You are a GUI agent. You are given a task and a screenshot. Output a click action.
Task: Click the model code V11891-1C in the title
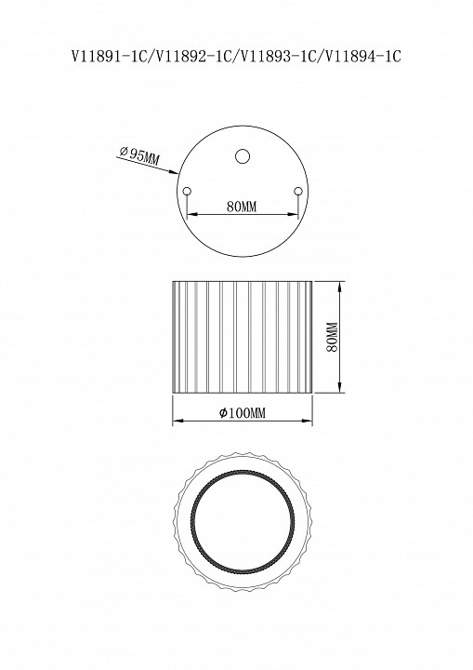coord(109,57)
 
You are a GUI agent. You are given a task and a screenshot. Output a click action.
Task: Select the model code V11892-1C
coord(193,57)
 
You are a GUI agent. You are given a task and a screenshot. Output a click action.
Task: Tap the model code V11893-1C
coord(278,57)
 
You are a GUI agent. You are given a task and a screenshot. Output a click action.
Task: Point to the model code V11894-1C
coord(362,57)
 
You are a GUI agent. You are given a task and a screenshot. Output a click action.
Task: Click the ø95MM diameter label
coord(139,155)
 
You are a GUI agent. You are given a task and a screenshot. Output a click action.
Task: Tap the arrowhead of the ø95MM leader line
coord(174,173)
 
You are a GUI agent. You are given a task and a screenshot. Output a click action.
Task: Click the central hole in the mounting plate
coord(243,156)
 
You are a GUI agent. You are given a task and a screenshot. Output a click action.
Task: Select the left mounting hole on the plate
coord(187,191)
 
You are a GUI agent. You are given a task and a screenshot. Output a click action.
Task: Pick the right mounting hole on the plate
coord(298,191)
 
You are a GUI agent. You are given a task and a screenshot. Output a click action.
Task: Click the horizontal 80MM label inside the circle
coord(242,207)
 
